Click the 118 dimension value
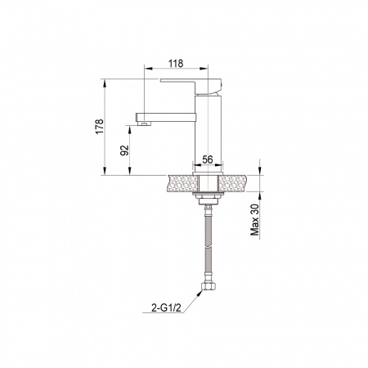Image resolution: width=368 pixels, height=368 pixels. (x=176, y=64)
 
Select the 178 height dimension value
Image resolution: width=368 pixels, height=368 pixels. (x=100, y=127)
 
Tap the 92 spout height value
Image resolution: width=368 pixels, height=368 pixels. (x=124, y=150)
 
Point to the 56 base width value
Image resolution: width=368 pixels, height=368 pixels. (x=208, y=159)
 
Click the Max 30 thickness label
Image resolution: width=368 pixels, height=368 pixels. (x=255, y=220)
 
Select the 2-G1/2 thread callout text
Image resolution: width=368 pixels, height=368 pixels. (x=166, y=308)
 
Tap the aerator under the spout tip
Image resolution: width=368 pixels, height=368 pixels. (x=144, y=123)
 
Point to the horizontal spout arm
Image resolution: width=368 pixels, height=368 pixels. (x=166, y=117)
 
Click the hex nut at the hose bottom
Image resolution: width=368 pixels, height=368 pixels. (x=208, y=286)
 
